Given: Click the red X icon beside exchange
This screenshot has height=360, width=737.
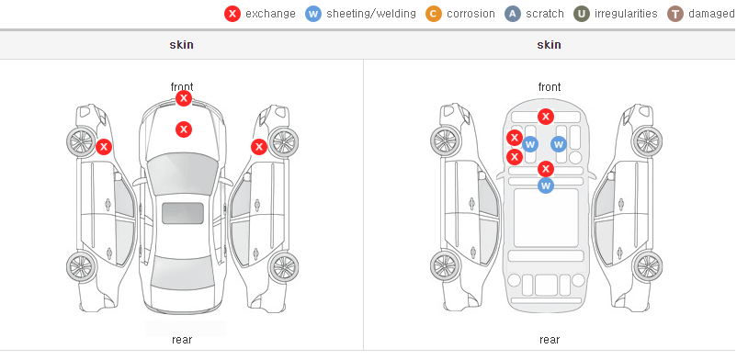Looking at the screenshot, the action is [x=232, y=14].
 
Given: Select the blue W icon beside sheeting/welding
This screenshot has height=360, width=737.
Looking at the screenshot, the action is [x=313, y=14].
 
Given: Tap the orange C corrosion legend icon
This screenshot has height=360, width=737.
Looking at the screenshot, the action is [x=434, y=14].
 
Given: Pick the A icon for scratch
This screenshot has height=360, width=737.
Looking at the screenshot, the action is [x=513, y=14].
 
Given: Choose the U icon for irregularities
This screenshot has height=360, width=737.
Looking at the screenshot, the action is [x=582, y=14].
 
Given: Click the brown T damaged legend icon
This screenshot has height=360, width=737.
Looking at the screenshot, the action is [x=675, y=14].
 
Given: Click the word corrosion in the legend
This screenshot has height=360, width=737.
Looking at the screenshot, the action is [x=471, y=14].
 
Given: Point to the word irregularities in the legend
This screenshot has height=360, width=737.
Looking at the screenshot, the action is [x=626, y=14].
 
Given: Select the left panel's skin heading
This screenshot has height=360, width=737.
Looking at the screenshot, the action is [x=181, y=45].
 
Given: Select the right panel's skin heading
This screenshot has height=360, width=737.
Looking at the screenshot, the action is [x=549, y=45].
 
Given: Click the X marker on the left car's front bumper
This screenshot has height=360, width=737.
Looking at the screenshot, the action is [x=184, y=98].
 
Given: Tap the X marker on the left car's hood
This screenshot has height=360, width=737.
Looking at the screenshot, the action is [x=184, y=129].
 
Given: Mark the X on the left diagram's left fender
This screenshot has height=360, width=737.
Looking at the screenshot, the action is [x=104, y=147].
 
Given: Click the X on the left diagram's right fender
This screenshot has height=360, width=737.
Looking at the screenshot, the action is [x=259, y=147].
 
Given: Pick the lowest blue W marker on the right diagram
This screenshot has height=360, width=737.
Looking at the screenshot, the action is [x=546, y=186].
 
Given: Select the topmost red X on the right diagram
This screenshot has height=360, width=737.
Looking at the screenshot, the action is [x=546, y=117].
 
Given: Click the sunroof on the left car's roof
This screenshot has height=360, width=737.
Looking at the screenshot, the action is [x=183, y=213].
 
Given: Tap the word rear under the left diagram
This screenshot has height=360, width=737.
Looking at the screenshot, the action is [x=182, y=340].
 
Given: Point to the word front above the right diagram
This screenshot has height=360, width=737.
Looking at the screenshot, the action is [x=550, y=87].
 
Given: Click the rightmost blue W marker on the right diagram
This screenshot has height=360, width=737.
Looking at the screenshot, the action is [x=559, y=144].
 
